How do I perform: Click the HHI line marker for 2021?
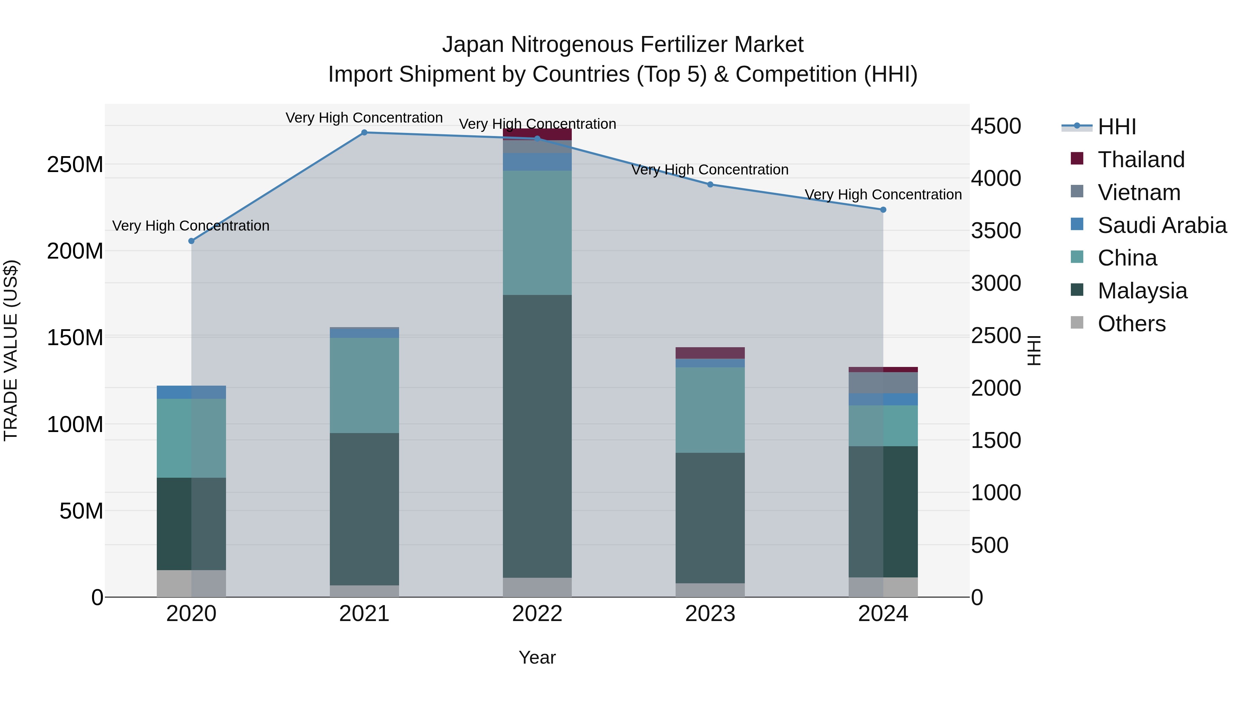(x=364, y=133)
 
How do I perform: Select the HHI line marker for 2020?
(x=191, y=241)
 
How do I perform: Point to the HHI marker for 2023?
(x=710, y=184)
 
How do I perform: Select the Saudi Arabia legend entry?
(x=1162, y=225)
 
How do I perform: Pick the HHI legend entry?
(x=1116, y=127)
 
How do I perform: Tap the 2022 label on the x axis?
(x=537, y=614)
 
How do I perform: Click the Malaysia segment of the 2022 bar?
(x=537, y=435)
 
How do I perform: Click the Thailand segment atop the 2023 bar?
(x=710, y=353)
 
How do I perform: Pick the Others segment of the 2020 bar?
(x=191, y=583)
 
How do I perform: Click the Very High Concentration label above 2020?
(x=191, y=226)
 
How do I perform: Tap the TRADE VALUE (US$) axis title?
(x=11, y=350)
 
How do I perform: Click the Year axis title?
(x=537, y=657)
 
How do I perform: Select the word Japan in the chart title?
(x=473, y=45)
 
